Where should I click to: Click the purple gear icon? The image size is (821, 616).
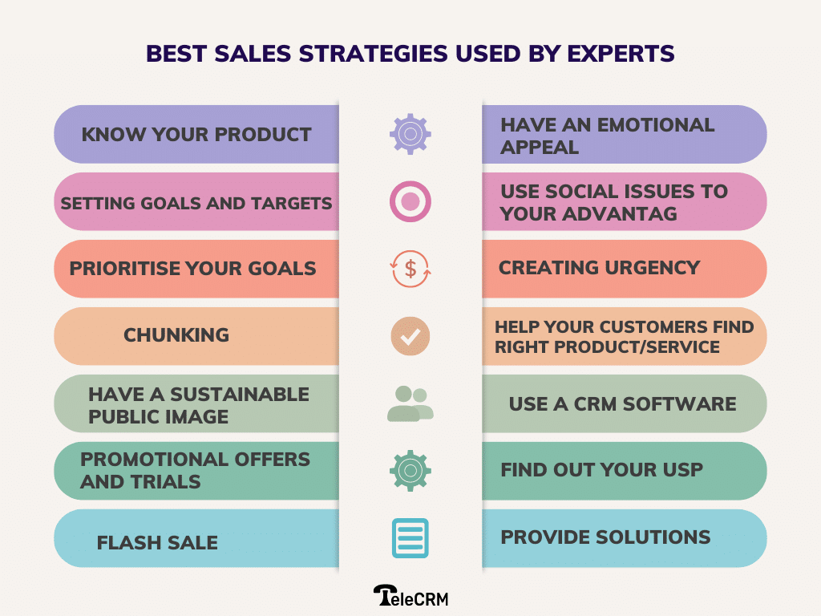410,134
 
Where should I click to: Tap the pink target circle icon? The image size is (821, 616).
410,201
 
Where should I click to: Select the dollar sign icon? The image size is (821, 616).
410,269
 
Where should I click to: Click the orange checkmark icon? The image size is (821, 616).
410,336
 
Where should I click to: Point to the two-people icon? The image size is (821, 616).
410,403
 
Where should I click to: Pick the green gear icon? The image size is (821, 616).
410,471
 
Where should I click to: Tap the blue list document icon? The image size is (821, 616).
410,538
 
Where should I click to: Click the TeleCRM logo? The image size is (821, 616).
410,594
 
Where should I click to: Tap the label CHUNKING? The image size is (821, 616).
176,335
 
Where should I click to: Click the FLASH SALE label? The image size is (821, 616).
157,542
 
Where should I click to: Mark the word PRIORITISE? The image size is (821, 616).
129,268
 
